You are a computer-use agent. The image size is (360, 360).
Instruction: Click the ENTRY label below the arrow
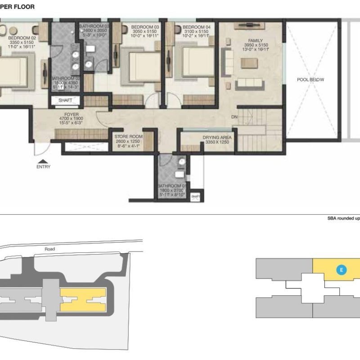click(44, 166)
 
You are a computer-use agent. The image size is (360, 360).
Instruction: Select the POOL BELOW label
click(310, 80)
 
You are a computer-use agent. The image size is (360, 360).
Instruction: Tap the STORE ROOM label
click(128, 136)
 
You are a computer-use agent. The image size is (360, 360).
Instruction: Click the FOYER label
click(72, 115)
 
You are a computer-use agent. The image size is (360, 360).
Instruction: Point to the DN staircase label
click(234, 117)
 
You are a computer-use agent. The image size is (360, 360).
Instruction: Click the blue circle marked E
click(342, 270)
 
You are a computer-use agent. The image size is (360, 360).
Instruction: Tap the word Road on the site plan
click(49, 248)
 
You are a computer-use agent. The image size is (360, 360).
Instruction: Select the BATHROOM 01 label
click(171, 186)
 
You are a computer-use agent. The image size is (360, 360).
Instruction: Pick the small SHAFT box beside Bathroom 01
click(196, 196)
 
